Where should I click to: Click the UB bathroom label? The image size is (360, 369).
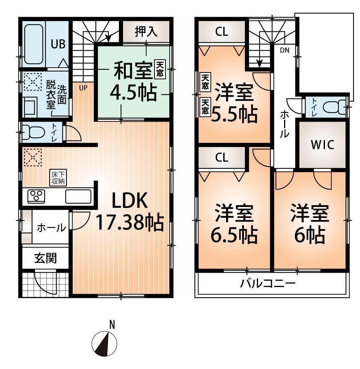click(58, 44)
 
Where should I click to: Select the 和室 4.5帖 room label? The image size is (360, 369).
click(132, 82)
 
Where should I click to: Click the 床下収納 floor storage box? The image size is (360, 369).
click(59, 178)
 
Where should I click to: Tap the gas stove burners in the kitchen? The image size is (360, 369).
click(36, 196)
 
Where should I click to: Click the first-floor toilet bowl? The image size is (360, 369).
click(33, 133)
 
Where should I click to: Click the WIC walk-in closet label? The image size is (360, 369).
click(322, 145)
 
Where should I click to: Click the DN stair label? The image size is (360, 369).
click(284, 50)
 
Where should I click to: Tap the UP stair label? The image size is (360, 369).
click(83, 88)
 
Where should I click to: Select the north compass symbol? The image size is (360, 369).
click(105, 343)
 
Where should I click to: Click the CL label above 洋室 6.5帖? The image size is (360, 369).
click(222, 158)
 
